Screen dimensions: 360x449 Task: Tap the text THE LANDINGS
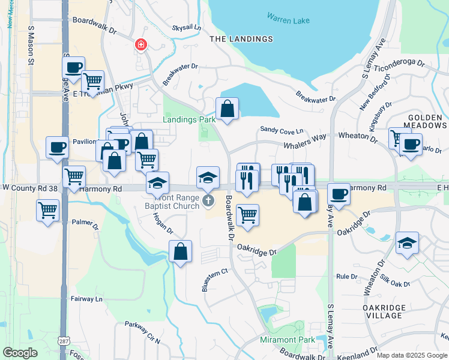241,39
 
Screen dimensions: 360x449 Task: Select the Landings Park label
189,119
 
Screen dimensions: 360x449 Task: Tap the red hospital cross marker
140,44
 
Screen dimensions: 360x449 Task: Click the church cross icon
208,200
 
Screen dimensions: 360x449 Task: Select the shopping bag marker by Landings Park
228,109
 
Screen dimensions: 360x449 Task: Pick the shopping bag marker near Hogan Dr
180,252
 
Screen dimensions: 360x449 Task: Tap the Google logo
20,353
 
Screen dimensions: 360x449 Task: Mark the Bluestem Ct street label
215,271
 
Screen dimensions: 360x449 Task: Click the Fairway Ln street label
86,298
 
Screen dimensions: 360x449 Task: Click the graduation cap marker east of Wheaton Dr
407,243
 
